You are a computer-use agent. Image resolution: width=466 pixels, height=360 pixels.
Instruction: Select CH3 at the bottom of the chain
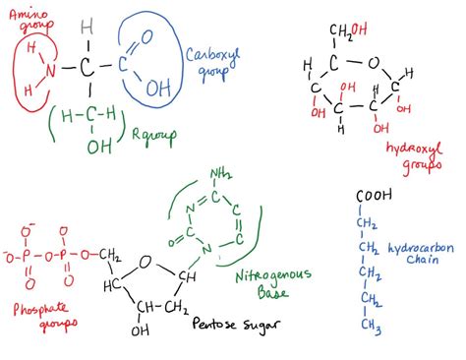click(x=370, y=325)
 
